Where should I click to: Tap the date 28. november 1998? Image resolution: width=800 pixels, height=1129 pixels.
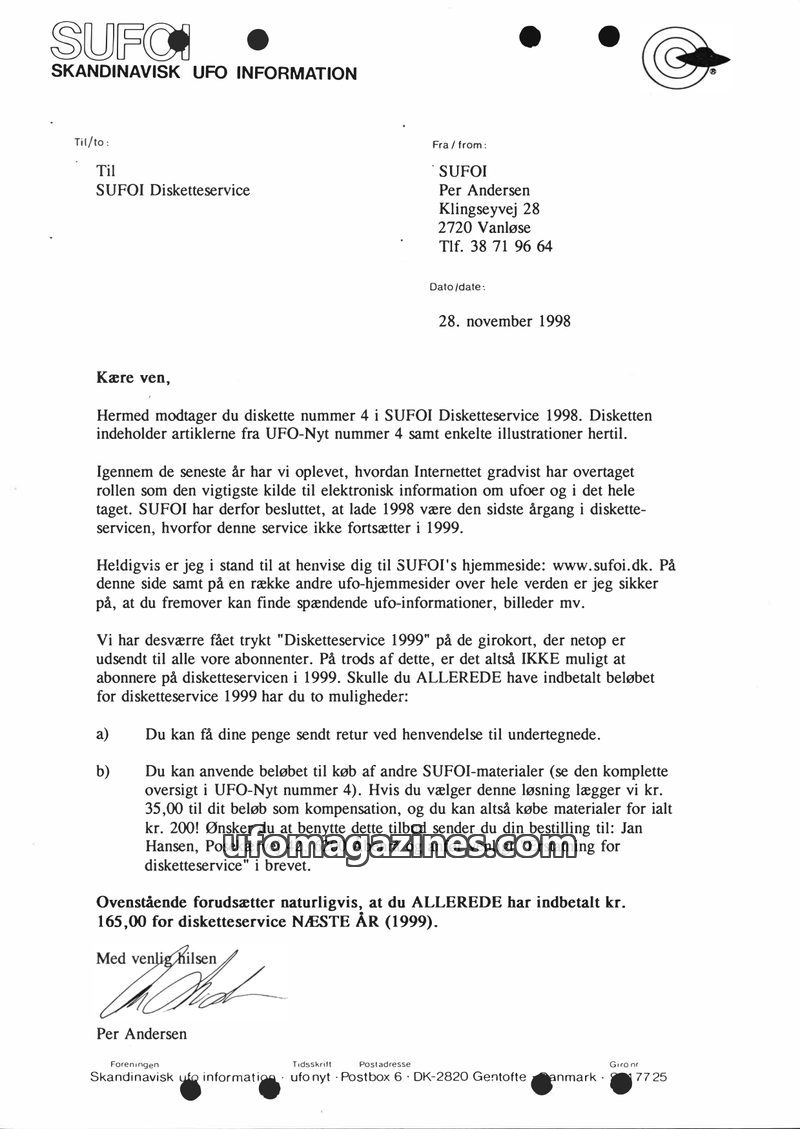point(505,321)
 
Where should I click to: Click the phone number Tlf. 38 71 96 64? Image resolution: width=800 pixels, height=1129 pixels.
point(495,246)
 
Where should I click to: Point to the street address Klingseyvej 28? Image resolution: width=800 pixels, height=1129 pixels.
point(489,209)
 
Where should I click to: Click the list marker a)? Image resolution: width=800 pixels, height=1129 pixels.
point(102,734)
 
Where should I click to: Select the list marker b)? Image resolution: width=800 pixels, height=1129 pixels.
point(102,772)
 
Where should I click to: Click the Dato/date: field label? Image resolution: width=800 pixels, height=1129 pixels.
point(457,287)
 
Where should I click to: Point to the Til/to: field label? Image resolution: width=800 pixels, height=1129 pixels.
point(92,142)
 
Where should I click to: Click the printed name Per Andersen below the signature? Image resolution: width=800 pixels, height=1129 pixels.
point(141,1033)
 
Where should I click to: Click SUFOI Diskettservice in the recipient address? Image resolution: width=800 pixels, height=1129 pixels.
point(173,190)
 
